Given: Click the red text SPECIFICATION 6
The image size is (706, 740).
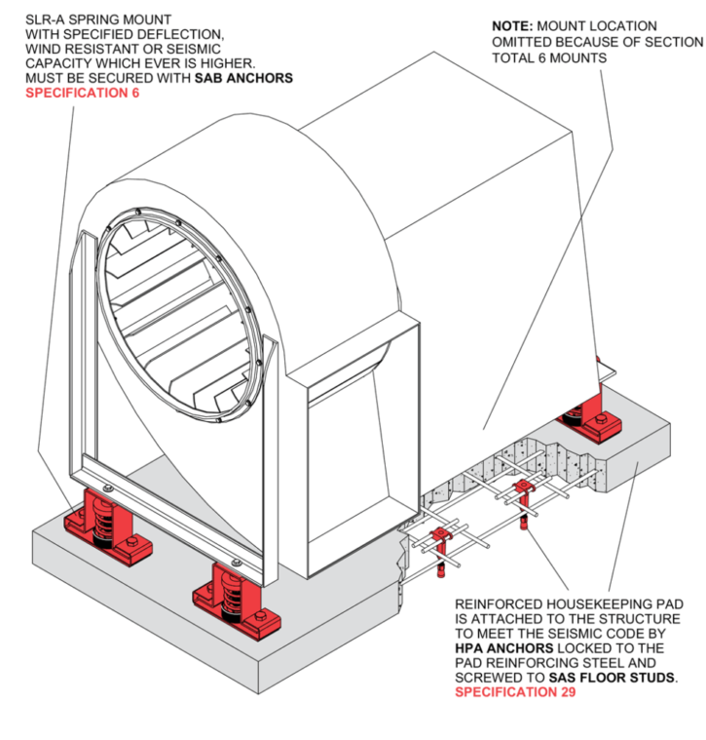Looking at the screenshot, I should click(x=82, y=94).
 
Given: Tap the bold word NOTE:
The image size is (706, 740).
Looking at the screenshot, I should click(x=512, y=25).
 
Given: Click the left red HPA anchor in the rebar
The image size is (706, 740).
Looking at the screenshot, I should click(x=442, y=544).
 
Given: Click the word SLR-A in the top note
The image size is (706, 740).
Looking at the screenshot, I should click(x=46, y=19).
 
